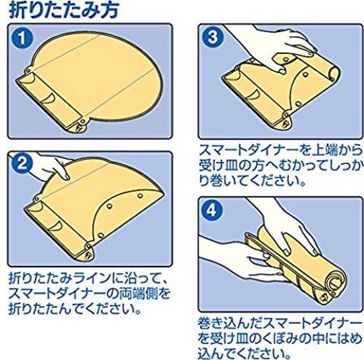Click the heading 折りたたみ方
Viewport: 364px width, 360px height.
pos(63,10)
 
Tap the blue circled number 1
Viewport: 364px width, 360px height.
pos(23,38)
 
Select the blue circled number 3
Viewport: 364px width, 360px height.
pos(213,37)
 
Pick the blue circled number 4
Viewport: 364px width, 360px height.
pos(213,210)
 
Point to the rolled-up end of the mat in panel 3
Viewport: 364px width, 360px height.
pos(333,73)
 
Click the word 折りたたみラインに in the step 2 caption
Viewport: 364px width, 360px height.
pos(60,279)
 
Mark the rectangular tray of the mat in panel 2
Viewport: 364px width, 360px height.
pos(57,227)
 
